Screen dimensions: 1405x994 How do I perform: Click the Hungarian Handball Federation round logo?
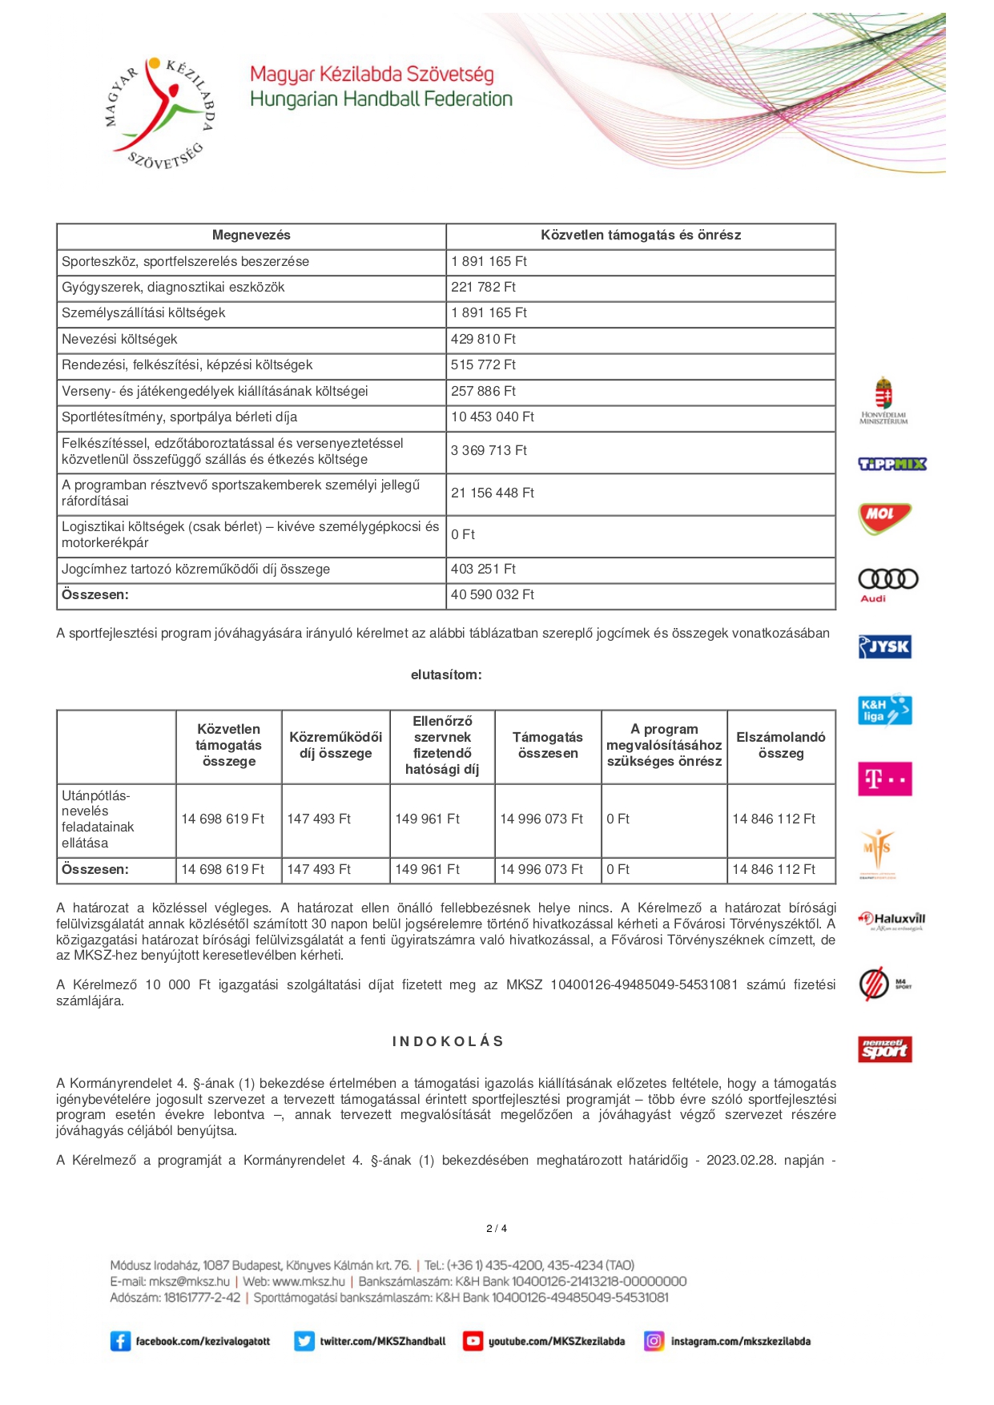(x=161, y=113)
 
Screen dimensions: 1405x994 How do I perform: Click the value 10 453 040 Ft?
(x=492, y=417)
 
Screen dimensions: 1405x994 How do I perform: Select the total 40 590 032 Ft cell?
(x=492, y=595)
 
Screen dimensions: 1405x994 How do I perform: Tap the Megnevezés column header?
(x=251, y=236)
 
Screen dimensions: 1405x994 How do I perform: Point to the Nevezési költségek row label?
(x=119, y=340)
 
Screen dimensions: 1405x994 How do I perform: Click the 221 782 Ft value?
(x=483, y=288)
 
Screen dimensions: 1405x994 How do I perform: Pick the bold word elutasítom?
(x=446, y=675)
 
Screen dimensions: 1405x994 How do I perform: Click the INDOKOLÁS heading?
(x=448, y=1041)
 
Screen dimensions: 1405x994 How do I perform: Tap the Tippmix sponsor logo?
(x=891, y=464)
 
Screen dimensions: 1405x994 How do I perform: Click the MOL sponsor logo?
(x=883, y=517)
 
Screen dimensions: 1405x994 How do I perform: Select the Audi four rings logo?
(x=887, y=580)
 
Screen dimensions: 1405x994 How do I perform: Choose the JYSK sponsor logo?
(x=884, y=646)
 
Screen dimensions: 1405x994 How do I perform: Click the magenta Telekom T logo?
(x=884, y=779)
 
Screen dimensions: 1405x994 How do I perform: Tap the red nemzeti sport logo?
(x=884, y=1049)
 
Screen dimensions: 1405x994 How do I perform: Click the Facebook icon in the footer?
(x=120, y=1341)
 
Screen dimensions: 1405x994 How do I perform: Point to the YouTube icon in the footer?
(x=473, y=1341)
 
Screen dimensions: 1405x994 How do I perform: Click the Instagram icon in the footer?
(x=654, y=1341)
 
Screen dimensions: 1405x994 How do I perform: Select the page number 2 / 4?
(x=497, y=1229)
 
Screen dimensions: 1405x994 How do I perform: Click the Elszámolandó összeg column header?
(x=780, y=746)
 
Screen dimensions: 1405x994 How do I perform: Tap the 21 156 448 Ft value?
(x=492, y=493)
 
